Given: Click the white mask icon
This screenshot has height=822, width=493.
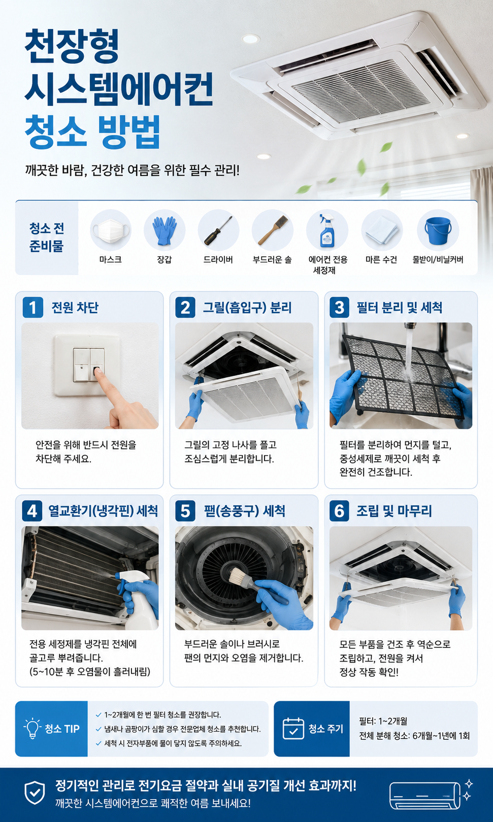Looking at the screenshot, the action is [111, 229].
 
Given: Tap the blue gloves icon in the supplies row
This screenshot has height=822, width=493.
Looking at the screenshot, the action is [165, 231].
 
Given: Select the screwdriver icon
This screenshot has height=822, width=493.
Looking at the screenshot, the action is [218, 231].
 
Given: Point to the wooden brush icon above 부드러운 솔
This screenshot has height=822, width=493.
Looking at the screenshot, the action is [273, 230].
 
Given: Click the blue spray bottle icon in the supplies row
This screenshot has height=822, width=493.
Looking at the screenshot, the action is [326, 231].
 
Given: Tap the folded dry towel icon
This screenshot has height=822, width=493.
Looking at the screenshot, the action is [382, 230].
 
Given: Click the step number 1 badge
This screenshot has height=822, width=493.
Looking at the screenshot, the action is [32, 307].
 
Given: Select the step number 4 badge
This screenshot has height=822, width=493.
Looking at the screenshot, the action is [32, 511].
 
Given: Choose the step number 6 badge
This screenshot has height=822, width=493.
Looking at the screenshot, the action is [339, 511].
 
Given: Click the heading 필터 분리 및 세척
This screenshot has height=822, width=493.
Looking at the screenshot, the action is [400, 308].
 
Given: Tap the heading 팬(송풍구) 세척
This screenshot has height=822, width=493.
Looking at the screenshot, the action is [245, 511].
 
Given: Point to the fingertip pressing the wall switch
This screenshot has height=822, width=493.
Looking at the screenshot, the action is [97, 371].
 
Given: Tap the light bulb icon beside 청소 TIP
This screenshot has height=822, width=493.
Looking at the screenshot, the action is [32, 728].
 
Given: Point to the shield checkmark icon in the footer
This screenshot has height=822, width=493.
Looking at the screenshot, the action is [35, 793].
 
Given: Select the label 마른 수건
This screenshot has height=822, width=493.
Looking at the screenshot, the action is [381, 260].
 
